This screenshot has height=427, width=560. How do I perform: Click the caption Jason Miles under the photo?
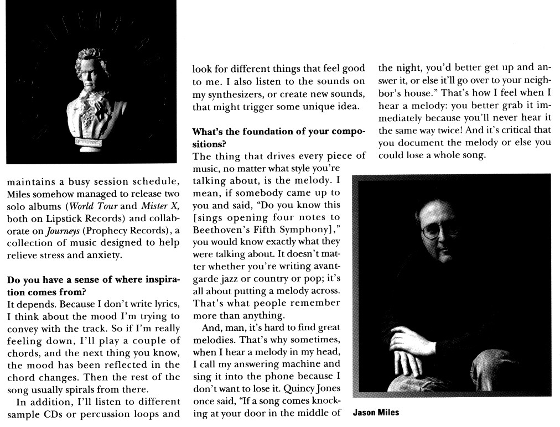click(376, 413)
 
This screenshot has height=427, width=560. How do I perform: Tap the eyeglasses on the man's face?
click(437, 231)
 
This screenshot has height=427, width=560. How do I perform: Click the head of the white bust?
click(91, 66)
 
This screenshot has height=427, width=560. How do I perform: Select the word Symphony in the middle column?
click(304, 230)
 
